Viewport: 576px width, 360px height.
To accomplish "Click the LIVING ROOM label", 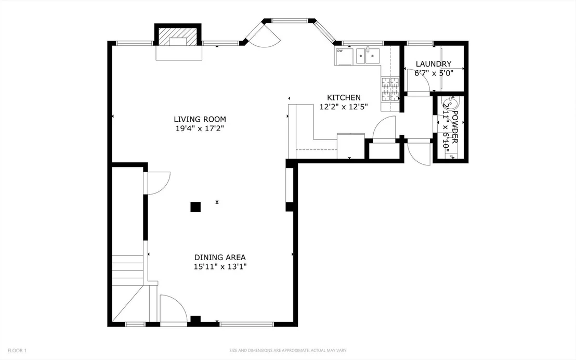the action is (200, 119).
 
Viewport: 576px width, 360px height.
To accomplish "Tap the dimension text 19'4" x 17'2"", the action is (200, 128).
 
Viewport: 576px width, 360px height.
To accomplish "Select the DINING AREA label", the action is (220, 258).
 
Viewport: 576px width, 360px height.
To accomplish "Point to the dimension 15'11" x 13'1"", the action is (220, 266).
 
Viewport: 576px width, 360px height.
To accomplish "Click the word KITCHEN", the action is (344, 97).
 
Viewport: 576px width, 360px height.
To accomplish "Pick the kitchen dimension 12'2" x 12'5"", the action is (344, 107).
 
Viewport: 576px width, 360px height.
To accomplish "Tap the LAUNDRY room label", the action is (434, 63).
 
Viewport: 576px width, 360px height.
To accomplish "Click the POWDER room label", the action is (455, 127).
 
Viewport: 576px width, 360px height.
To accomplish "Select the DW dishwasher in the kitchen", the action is (344, 56).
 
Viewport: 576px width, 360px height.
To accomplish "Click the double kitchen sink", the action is (368, 56).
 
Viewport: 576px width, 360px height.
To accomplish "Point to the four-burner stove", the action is (390, 89).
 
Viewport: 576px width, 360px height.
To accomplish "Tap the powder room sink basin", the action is (450, 102).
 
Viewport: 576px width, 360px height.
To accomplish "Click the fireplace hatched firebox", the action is (178, 36).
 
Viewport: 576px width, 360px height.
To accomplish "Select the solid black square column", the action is (195, 207).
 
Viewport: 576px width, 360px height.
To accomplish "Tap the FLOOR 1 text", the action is (17, 351).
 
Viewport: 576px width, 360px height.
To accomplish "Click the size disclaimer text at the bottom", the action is (288, 351).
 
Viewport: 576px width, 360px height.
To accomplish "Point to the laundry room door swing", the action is (419, 80).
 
